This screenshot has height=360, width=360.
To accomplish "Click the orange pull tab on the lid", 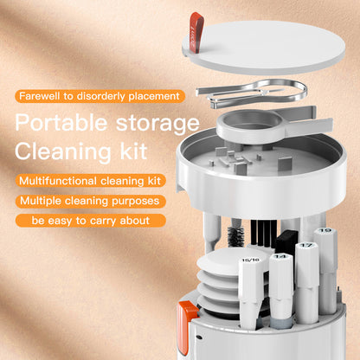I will pos(196,29).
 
